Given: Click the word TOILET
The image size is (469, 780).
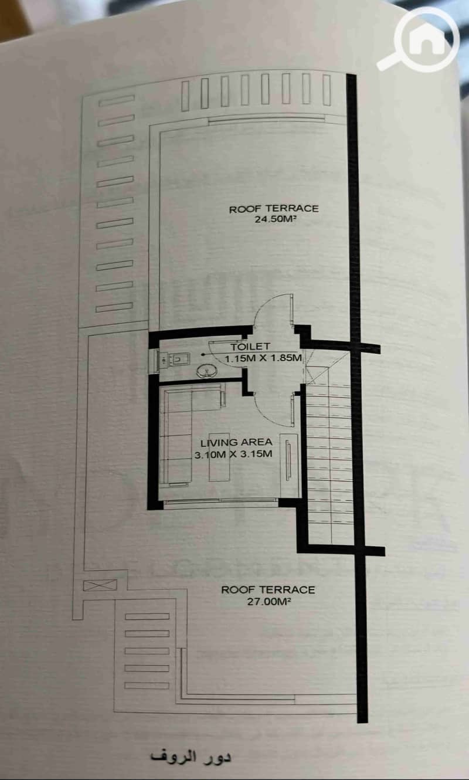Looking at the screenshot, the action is pyautogui.click(x=250, y=347).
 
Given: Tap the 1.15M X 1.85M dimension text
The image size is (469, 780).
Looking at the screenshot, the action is pyautogui.click(x=263, y=358).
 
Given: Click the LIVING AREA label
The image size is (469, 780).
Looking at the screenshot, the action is pyautogui.click(x=236, y=442).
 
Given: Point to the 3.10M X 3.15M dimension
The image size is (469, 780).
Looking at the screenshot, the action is pyautogui.click(x=233, y=454).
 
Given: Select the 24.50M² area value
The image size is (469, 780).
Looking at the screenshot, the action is pyautogui.click(x=273, y=220).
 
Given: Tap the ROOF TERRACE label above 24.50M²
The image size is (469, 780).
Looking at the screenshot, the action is pyautogui.click(x=274, y=209).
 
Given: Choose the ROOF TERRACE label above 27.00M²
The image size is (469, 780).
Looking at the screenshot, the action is pyautogui.click(x=268, y=590).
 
